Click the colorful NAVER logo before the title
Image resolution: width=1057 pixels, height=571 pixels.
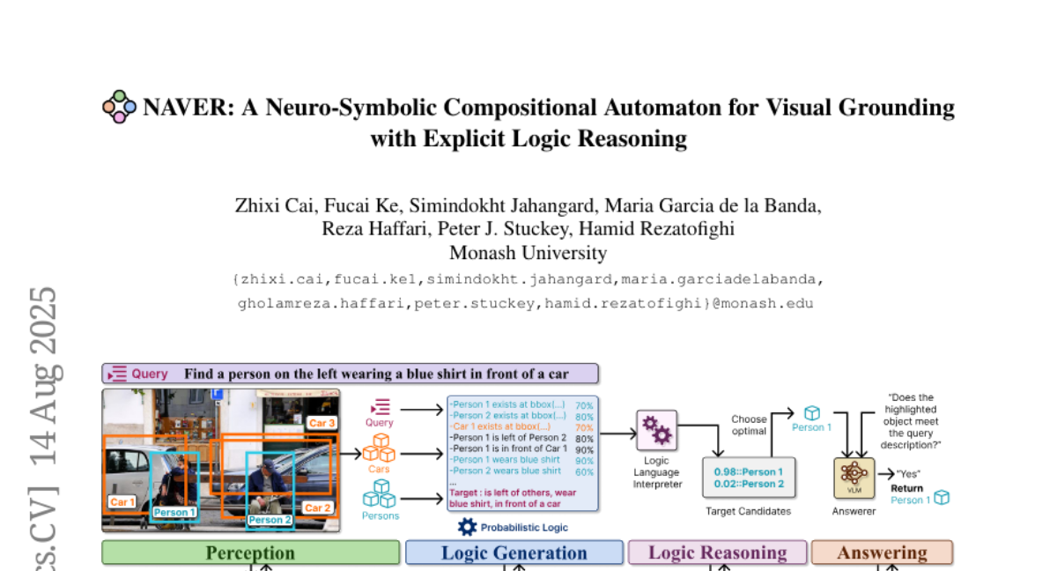point(120,107)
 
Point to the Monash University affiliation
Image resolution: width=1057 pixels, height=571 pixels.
point(528,254)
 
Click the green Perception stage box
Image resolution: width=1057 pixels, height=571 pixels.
point(250,552)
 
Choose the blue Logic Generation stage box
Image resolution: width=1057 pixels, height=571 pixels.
point(514,552)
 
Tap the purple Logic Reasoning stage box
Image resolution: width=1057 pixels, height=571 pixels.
point(717,552)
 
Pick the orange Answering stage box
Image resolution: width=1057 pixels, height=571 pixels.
point(882,552)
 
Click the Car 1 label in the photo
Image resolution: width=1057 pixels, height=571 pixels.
point(122,502)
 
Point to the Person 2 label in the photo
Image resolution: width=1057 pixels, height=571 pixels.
point(270,520)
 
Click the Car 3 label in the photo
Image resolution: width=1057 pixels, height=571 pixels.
point(321,423)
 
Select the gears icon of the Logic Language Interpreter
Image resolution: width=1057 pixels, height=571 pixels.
point(656,430)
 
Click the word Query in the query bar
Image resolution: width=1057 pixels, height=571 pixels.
point(150,374)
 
